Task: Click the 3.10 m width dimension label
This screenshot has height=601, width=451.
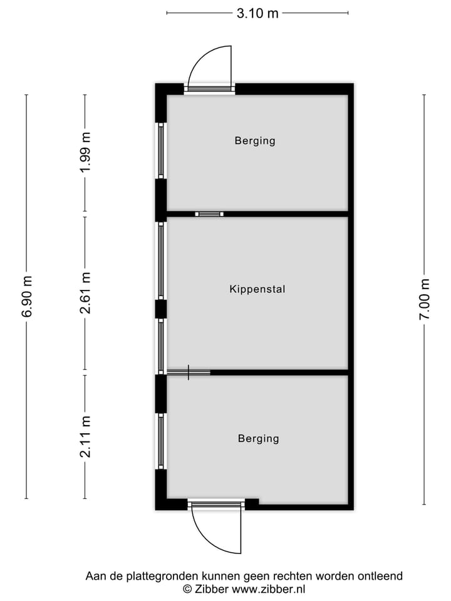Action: pyautogui.click(x=257, y=13)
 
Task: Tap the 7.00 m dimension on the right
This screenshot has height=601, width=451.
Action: pyautogui.click(x=425, y=299)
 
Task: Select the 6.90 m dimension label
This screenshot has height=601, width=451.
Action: pyautogui.click(x=27, y=296)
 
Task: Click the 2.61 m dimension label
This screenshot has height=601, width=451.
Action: pyautogui.click(x=86, y=293)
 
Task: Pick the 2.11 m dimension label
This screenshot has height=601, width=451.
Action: pyautogui.click(x=86, y=436)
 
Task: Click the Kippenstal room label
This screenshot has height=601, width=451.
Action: pyautogui.click(x=257, y=289)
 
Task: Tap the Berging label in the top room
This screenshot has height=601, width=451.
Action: pyautogui.click(x=255, y=141)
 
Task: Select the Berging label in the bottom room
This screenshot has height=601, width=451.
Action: pyautogui.click(x=258, y=438)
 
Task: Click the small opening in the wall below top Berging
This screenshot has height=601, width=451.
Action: pyautogui.click(x=209, y=214)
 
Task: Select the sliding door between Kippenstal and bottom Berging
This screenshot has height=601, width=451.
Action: pyautogui.click(x=189, y=372)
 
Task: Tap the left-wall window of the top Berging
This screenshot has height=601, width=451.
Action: pyautogui.click(x=161, y=150)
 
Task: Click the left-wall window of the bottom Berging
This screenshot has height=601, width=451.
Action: pyautogui.click(x=161, y=441)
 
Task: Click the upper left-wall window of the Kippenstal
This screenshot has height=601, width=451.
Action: pyautogui.click(x=161, y=260)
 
